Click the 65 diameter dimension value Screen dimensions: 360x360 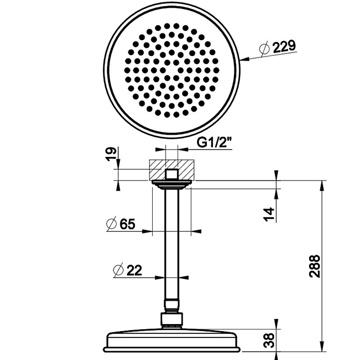pos(127,224)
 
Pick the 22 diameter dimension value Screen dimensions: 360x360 pos(134,269)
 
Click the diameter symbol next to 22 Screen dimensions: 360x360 pos(117,269)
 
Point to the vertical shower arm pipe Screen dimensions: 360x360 pos(171,247)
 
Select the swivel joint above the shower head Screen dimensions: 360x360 pos(171,319)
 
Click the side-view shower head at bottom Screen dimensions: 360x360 pos(171,339)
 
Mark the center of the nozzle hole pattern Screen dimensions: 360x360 pos(171,69)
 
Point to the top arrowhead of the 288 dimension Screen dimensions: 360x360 pos(322,184)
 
